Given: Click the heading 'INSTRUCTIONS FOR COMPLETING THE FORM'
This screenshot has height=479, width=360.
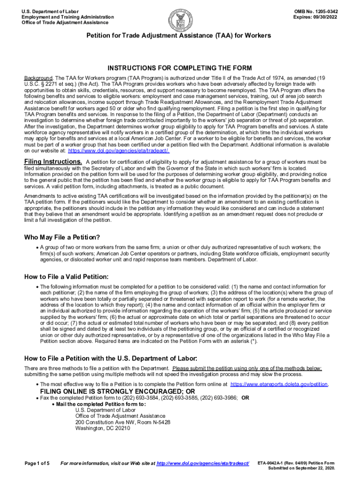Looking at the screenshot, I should coord(180,68).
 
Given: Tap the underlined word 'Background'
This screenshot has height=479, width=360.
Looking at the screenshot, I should coord(38,77).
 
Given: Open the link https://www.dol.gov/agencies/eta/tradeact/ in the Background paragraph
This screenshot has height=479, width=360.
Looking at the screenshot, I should coord(119,151).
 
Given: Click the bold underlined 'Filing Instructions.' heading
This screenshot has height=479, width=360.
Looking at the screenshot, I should coord(53,162).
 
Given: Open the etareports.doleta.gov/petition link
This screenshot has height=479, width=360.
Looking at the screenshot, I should coord(280,384).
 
